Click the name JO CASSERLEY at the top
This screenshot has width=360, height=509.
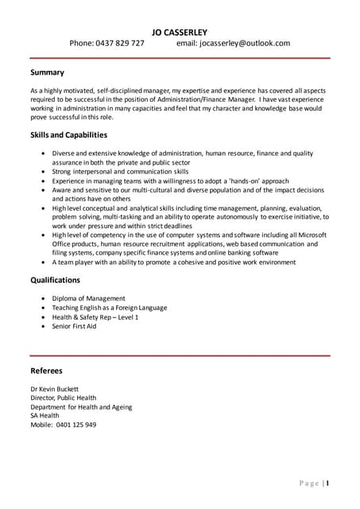180,32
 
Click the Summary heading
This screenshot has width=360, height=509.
47,72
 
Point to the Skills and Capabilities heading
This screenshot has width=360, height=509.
68,134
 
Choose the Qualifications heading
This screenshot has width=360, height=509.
55,280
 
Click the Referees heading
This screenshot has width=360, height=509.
46,371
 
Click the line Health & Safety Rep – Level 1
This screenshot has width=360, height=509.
95,317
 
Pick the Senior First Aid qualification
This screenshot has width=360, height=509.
74,326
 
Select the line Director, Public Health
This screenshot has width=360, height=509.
63,398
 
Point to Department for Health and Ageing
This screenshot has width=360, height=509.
81,406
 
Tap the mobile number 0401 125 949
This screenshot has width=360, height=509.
76,425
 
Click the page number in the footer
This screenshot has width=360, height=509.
327,483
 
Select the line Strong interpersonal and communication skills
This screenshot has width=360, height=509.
120,171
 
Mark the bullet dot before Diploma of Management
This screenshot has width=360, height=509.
43,298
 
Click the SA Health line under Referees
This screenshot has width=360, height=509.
45,415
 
